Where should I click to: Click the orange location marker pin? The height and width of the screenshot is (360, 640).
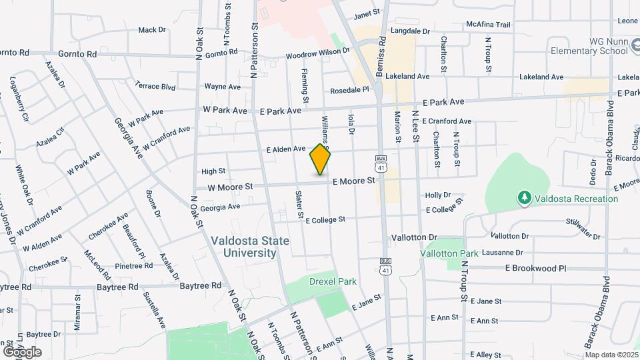(x=320, y=160)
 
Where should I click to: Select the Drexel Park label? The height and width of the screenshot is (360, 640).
(x=325, y=282)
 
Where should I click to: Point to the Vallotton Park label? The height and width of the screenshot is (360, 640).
(x=449, y=254)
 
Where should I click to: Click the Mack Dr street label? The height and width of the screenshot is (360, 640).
(x=151, y=30)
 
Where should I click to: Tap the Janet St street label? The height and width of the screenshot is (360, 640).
(x=366, y=13)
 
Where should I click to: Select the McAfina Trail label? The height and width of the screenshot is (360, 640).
(x=489, y=25)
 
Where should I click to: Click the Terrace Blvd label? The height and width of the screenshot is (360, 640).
(x=155, y=86)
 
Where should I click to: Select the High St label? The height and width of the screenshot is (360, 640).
(x=213, y=171)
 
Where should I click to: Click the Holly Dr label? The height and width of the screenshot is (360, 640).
(x=438, y=195)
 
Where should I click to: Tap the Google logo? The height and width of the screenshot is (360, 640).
(x=22, y=352)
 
